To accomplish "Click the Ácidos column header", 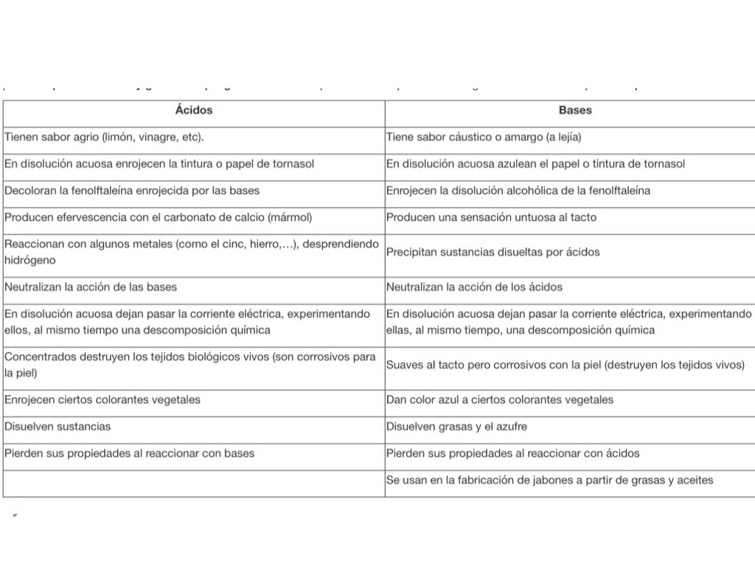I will pyautogui.click(x=194, y=111).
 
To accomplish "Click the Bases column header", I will pyautogui.click(x=575, y=111).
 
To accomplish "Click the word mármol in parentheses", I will pyautogui.click(x=292, y=217).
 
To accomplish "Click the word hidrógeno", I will pyautogui.click(x=29, y=261).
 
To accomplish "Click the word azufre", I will pyautogui.click(x=510, y=427).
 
